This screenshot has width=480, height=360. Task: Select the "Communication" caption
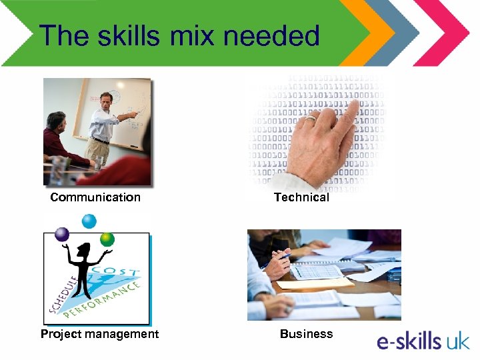click(x=95, y=197)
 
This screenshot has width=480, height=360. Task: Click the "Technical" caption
click(x=301, y=197)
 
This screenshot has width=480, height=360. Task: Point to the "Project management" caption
click(x=99, y=333)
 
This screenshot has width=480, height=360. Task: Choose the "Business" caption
click(x=306, y=333)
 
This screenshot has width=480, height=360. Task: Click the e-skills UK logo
click(x=423, y=341)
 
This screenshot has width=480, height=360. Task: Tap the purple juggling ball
click(x=62, y=234)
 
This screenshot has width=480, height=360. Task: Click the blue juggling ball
click(x=89, y=221)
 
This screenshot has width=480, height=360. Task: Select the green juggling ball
click(x=107, y=239)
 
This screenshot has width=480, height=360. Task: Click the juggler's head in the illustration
click(x=84, y=251)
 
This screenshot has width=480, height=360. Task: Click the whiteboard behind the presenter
click(x=130, y=100)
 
